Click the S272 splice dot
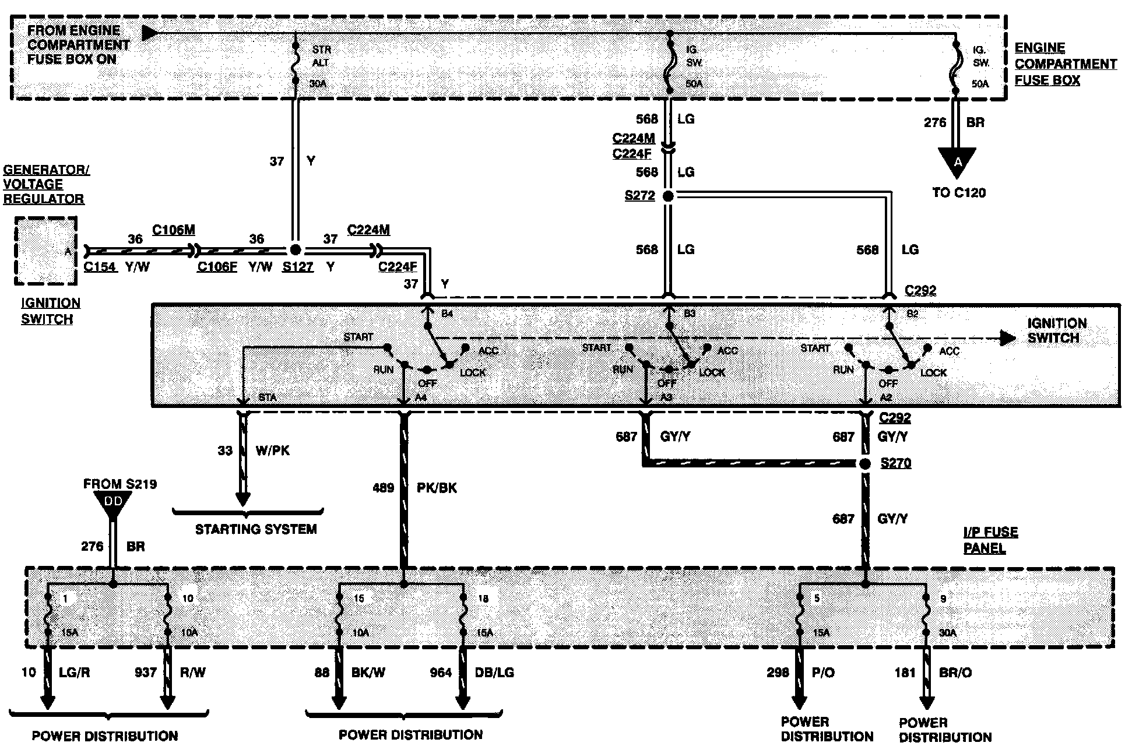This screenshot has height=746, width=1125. coord(668,196)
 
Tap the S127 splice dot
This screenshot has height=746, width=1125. coord(296,250)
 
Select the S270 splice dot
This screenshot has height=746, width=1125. coord(866,464)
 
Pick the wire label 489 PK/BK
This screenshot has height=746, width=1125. coord(414,488)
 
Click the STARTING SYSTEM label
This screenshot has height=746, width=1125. coord(256,529)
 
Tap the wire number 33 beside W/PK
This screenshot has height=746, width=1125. coord(225,451)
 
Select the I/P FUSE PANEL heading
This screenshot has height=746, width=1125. coord(990,540)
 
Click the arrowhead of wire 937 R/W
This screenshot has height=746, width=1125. coord(168,701)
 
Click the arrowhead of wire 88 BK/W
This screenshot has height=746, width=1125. coord(339,701)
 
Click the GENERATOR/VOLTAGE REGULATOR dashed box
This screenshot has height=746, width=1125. coord(46,251)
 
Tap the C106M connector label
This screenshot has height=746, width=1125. coord(173,230)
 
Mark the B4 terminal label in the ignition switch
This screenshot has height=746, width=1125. coord(447,314)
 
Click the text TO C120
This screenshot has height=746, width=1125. coord(959,192)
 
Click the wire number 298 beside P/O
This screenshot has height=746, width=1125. coord(778,673)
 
